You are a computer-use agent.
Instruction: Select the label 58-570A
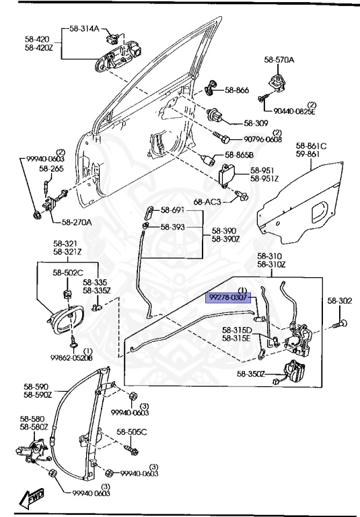279,61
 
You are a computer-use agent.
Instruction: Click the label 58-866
237,90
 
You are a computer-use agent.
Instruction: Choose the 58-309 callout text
256,123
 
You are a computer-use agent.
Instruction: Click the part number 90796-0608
262,139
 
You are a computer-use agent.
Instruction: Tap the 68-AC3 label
207,201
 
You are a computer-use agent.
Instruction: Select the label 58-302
340,301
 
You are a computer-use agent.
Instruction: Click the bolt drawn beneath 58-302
339,325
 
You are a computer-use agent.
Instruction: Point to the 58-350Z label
250,373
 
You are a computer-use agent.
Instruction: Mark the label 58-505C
131,432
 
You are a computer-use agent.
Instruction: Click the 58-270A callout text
77,222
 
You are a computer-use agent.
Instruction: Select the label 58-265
51,169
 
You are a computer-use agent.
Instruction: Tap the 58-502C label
68,273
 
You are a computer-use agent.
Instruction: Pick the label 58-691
172,211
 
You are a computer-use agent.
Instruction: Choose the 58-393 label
172,228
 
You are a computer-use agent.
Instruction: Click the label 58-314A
84,29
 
